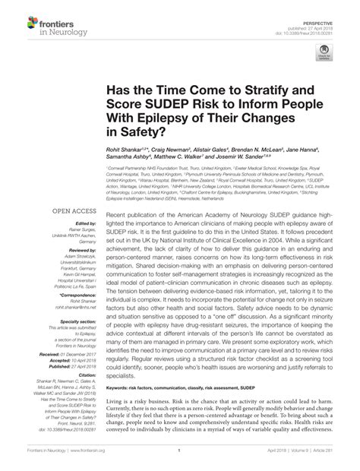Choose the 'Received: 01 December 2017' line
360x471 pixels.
click(x=72, y=356)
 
